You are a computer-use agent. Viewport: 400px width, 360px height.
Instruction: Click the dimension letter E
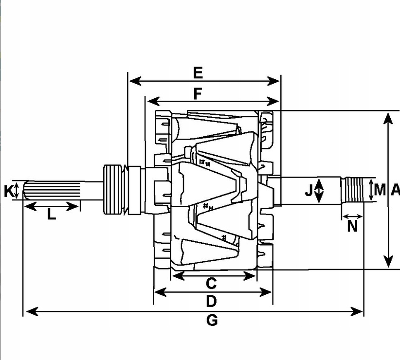pos(198,73)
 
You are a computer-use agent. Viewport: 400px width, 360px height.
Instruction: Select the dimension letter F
pos(198,93)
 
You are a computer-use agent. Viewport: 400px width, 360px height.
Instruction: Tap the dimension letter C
pos(211,283)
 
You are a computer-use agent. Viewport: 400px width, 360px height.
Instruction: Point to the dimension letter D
pos(211,302)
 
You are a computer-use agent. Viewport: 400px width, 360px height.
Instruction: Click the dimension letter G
pos(212,320)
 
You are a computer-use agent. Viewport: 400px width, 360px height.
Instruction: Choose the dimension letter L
pos(51,214)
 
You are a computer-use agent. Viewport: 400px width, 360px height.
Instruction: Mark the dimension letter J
pos(309,191)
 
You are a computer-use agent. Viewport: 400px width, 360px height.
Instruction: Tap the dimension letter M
pos(380,190)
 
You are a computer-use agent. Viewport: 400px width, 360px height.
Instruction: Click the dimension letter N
pos(353,226)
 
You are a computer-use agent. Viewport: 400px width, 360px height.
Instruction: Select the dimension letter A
pos(395,190)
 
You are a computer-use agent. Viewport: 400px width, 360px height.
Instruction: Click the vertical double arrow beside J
pos(319,190)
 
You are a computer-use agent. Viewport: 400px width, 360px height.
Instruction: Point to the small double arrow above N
pos(352,216)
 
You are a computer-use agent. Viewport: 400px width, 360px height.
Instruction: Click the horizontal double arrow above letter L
pos(51,206)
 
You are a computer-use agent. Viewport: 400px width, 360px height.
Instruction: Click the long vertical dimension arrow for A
pos(388,190)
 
